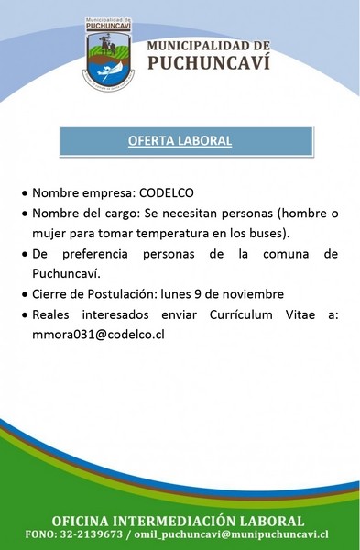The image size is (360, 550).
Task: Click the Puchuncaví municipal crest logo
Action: pos(108,54)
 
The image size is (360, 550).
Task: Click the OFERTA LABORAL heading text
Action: pos(180,141)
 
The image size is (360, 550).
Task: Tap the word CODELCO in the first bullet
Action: pos(167,192)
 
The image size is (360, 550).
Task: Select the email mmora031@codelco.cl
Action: pos(98,335)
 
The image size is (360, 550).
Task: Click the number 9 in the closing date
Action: pos(197,294)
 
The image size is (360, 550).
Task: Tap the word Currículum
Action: pos(241,314)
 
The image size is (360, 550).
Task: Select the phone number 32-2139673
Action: pos(92,534)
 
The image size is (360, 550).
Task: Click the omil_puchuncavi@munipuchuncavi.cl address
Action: pos(232,534)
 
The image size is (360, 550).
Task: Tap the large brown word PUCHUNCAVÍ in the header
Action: pos(209,61)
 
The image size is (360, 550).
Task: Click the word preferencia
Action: pos(95,254)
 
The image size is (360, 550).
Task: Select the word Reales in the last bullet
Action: pos(50,314)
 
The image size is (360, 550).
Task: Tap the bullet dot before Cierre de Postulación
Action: pos(24,295)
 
